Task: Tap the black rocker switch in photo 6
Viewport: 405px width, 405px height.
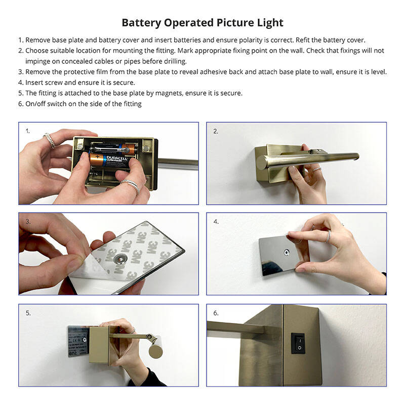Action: pos(299,343)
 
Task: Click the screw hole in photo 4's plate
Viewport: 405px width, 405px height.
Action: pos(287,251)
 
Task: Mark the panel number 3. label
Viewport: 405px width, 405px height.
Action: pos(28,222)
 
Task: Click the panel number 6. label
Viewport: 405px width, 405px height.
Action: pos(216,313)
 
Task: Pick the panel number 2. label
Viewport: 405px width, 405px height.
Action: pos(216,131)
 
